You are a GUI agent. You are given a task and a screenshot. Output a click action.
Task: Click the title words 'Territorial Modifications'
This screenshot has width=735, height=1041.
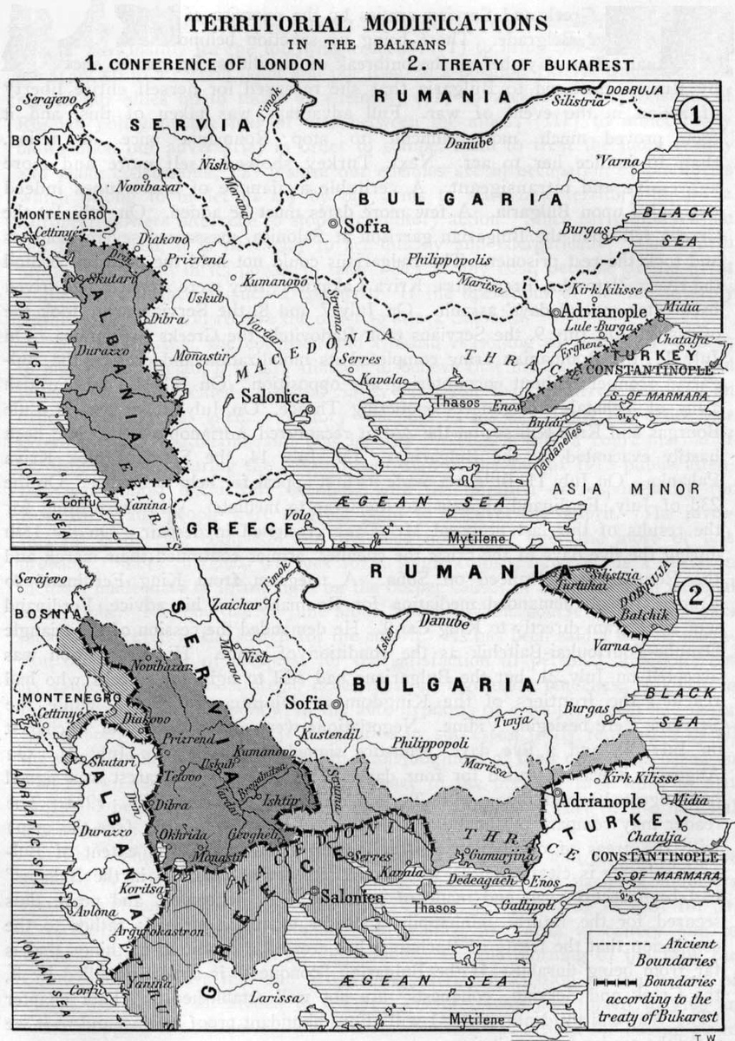coord(367,20)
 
